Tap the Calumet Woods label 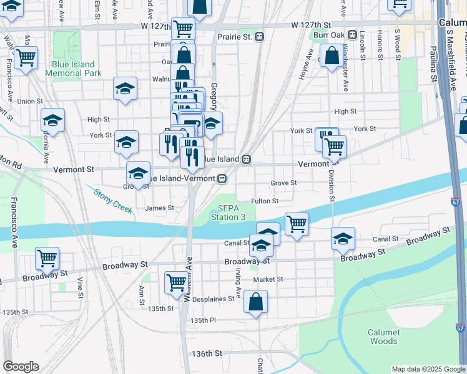click(383, 337)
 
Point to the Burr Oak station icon click(353, 35)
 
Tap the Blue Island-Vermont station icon click(222, 178)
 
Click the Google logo click(21, 367)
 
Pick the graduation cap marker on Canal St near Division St click(343, 237)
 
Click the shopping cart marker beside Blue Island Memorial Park click(26, 58)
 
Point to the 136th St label click(206, 353)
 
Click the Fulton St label click(264, 201)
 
